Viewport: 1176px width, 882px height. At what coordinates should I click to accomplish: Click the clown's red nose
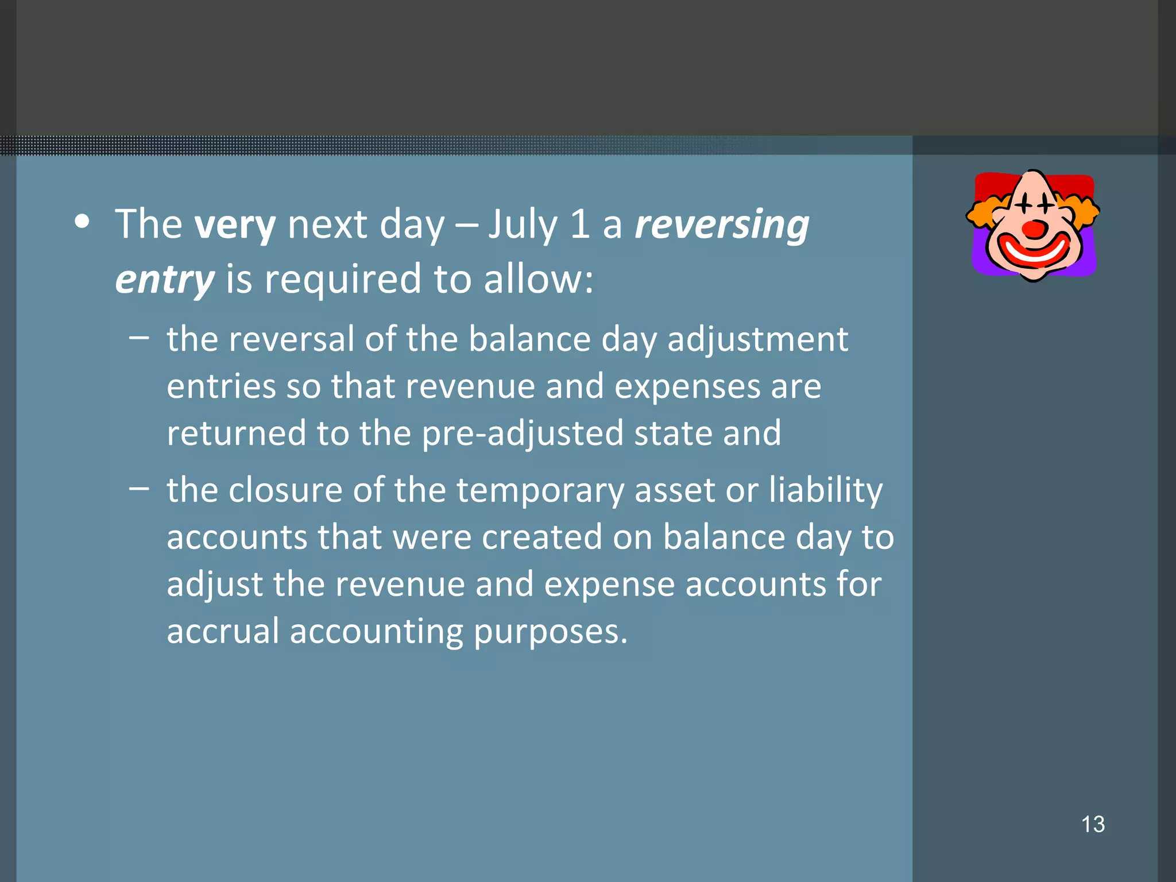1035,229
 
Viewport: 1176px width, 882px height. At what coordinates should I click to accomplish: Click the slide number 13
1093,824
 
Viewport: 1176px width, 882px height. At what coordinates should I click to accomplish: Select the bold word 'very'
235,225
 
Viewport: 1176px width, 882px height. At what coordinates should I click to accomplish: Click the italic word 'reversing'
722,225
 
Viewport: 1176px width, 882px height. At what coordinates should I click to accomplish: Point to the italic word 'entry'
165,280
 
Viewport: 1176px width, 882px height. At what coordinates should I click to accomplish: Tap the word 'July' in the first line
523,225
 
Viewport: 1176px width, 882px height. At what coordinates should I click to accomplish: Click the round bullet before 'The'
83,222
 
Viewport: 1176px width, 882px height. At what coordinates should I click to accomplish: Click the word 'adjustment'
757,340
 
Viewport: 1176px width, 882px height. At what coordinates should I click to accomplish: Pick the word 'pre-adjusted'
523,434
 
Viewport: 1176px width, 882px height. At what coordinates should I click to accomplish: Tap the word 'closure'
285,490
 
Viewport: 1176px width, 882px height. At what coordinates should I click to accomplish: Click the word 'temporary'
540,492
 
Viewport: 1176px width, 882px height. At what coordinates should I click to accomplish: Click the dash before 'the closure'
139,489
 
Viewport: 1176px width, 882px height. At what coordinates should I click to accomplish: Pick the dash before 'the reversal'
139,337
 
